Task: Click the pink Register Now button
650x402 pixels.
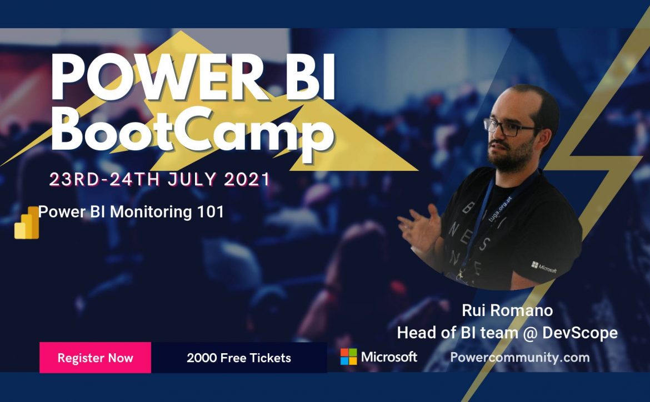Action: [x=95, y=357]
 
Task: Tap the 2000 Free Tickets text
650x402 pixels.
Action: [x=239, y=358]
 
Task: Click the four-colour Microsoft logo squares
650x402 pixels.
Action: [x=349, y=357]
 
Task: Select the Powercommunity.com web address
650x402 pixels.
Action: [x=520, y=357]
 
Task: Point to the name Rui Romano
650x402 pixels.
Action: [x=507, y=310]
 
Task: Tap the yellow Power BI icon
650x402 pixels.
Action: [x=27, y=223]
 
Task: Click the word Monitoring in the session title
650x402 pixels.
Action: [x=151, y=212]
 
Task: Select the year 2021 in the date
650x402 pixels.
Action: [x=247, y=180]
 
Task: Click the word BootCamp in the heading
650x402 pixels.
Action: [x=192, y=129]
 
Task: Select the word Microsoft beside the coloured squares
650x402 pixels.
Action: [x=389, y=357]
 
